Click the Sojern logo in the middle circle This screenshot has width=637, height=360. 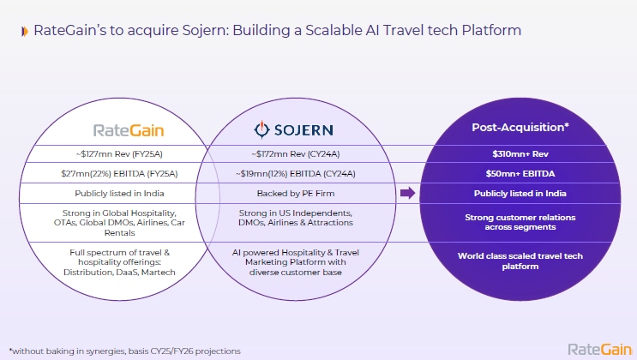pos(294,130)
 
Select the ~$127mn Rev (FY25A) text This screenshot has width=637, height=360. pos(128,154)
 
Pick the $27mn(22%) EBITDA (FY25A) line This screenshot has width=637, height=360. pos(127,173)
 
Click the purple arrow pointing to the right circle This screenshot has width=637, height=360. pos(407,193)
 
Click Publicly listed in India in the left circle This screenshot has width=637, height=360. pos(127,193)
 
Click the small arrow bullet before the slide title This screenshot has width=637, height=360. pos(23,32)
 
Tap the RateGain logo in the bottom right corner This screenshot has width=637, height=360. pos(599,349)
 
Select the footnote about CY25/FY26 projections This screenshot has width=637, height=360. pos(124,350)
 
